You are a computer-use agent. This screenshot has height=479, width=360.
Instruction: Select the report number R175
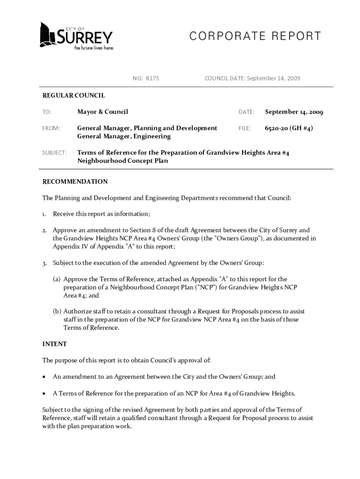click(152, 78)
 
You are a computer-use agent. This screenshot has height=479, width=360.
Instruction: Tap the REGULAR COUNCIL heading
click(73, 95)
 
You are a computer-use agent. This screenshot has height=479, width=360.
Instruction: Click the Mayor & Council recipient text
click(102, 112)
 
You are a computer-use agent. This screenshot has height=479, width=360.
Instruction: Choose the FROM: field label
click(51, 128)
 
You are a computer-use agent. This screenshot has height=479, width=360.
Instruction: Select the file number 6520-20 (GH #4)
click(288, 128)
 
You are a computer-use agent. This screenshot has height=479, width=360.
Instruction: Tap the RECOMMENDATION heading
click(75, 181)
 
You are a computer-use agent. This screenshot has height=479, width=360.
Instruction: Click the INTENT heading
click(54, 344)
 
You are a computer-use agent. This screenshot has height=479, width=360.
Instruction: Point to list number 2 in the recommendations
click(45, 231)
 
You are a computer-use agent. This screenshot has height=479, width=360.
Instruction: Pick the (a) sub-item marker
click(56, 279)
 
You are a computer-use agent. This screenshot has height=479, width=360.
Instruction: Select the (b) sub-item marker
click(56, 312)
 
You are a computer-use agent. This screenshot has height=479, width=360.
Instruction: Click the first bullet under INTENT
click(44, 377)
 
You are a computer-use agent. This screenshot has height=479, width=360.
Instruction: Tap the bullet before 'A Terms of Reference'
click(44, 393)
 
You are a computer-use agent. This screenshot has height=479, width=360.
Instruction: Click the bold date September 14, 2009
click(294, 112)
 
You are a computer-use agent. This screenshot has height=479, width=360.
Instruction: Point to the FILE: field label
click(245, 128)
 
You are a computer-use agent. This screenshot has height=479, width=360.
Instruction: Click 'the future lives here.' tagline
click(94, 48)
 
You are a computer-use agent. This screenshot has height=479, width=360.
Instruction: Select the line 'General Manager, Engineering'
click(124, 137)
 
